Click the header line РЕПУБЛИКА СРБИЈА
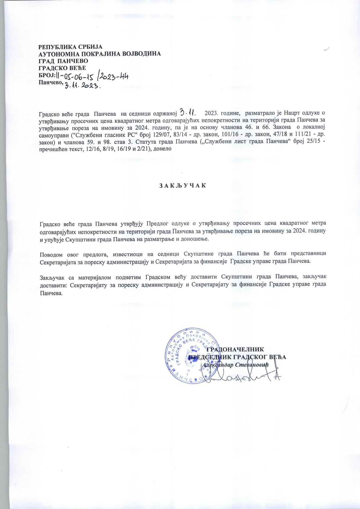coord(71,47)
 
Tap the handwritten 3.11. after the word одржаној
coord(188,112)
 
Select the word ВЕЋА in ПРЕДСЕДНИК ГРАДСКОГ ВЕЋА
coord(278,357)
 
